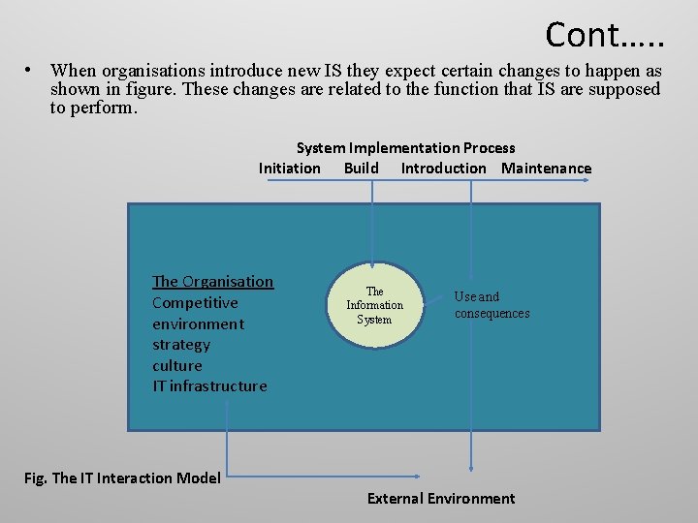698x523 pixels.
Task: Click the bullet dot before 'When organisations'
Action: (32, 70)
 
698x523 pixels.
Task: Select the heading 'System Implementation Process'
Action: (405, 148)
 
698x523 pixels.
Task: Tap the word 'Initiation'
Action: (289, 169)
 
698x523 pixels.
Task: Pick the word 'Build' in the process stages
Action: (361, 169)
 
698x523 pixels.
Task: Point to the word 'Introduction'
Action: (443, 169)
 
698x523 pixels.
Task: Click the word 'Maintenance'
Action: (546, 169)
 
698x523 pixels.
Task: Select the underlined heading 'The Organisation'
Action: (212, 282)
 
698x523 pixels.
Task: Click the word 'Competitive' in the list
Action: (195, 303)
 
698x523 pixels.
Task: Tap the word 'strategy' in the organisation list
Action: (181, 345)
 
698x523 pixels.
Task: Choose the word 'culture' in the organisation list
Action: (177, 366)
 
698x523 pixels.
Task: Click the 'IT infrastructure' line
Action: (209, 386)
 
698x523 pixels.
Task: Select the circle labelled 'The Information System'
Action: (375, 305)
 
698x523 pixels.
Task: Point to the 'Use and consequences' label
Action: (492, 305)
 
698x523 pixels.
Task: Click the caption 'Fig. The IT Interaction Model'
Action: (121, 477)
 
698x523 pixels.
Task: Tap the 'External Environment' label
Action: (441, 499)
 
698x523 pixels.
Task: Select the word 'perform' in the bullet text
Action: (108, 108)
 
